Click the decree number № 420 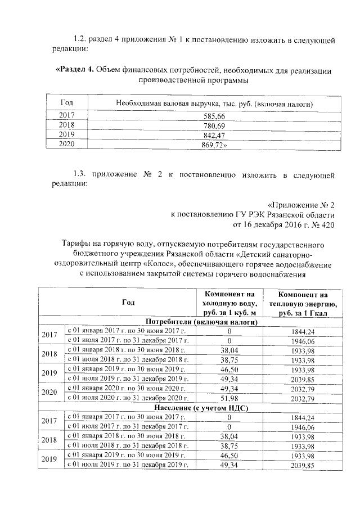tap(323, 224)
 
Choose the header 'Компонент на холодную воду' tap(229, 303)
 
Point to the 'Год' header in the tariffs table tap(128, 303)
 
